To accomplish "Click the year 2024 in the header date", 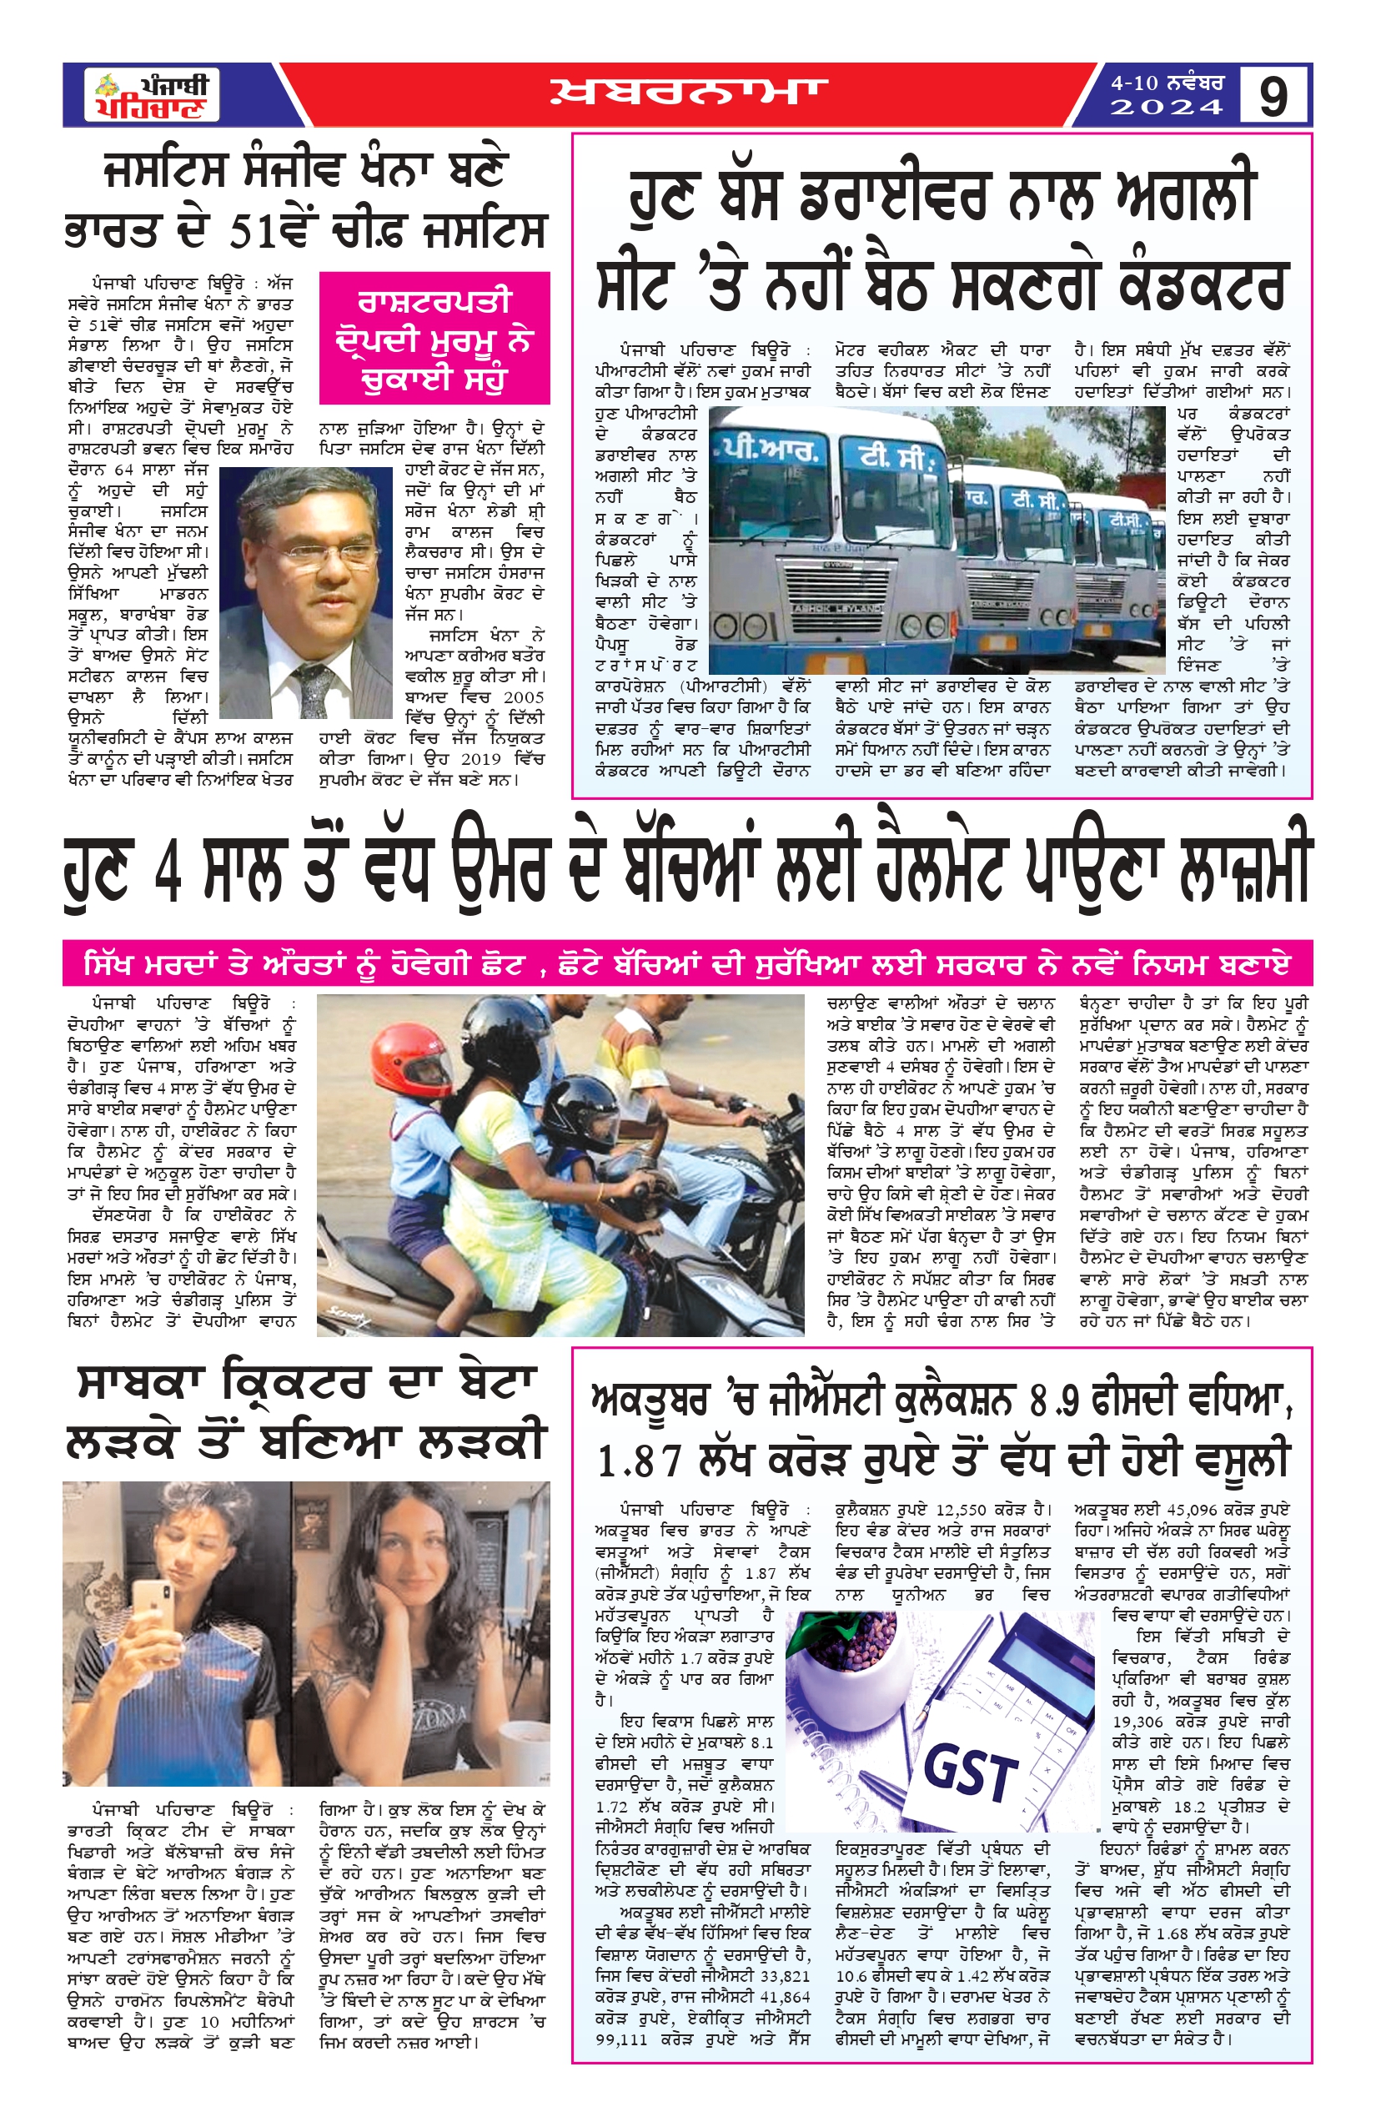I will [x=1166, y=108].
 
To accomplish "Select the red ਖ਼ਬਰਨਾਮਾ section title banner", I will [x=688, y=93].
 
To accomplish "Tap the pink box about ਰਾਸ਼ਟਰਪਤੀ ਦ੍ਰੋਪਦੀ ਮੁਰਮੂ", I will [x=434, y=339].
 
